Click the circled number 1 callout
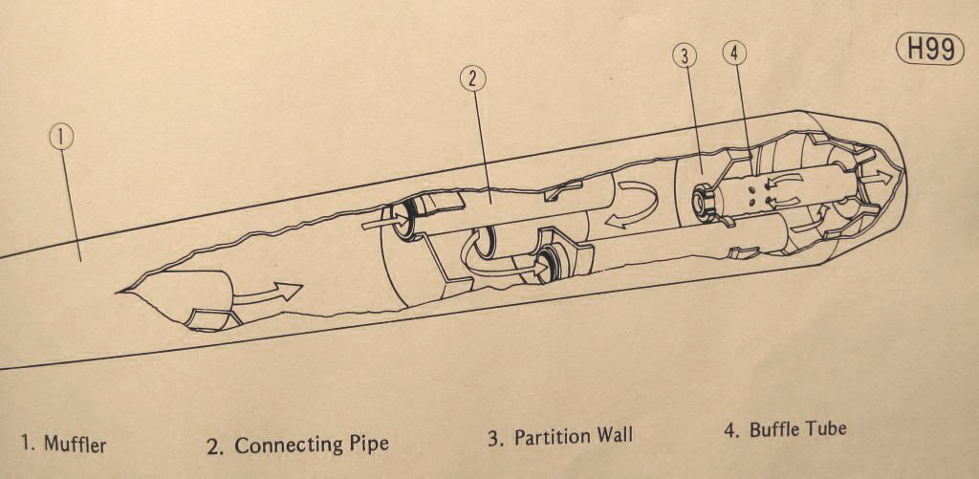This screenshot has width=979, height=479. point(61,138)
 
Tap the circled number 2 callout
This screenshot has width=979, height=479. point(472,78)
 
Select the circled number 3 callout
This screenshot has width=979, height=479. point(685,56)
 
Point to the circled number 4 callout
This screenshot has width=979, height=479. point(734,54)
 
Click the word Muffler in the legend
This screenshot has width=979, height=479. point(75,445)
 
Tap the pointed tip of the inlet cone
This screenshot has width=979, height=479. point(119,291)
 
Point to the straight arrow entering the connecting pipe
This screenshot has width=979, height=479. point(384,221)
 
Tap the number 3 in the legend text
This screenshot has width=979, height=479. point(494,439)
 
